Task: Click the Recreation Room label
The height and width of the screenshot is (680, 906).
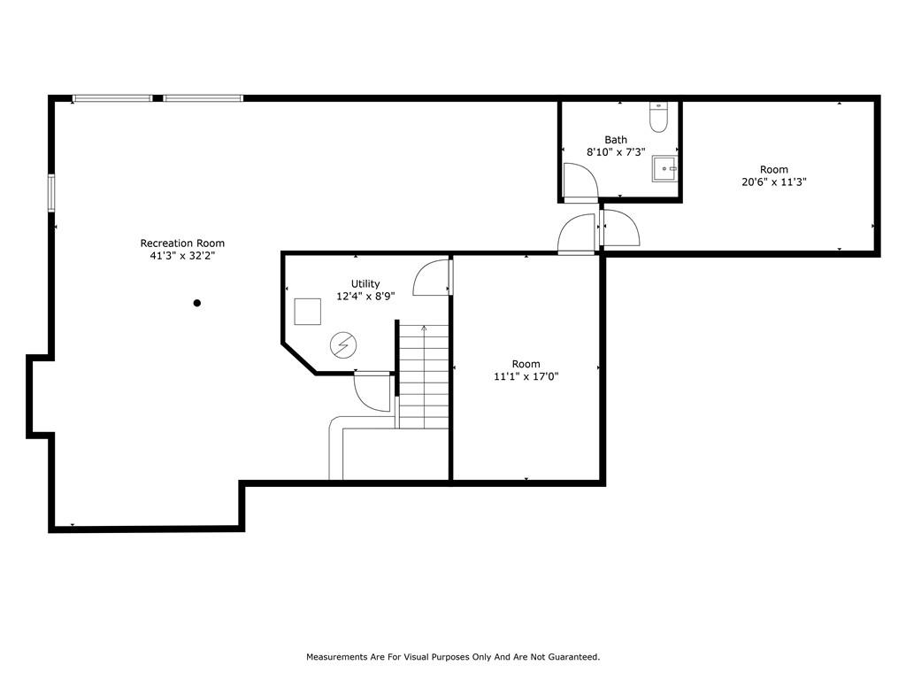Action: (x=182, y=243)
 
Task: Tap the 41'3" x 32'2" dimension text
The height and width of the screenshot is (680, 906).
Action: (x=182, y=256)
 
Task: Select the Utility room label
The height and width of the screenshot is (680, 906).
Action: (x=365, y=284)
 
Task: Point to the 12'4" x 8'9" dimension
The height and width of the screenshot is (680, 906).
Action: (x=365, y=296)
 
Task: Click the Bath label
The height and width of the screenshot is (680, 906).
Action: (x=616, y=140)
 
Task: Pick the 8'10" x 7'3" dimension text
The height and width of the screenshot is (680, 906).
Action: (x=616, y=152)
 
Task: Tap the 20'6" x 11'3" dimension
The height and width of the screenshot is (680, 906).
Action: (x=773, y=182)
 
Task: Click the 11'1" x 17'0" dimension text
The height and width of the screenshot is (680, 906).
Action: (x=526, y=376)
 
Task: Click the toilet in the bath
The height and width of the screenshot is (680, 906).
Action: (x=658, y=118)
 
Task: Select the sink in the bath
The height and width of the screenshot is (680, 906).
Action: (x=664, y=168)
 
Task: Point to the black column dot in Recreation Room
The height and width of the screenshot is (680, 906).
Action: (x=197, y=303)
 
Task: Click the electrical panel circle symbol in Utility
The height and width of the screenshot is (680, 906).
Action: (x=343, y=345)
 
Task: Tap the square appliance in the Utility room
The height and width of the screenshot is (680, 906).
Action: (x=307, y=312)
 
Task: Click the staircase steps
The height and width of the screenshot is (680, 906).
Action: (x=424, y=376)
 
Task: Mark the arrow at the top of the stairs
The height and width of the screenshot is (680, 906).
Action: (x=424, y=328)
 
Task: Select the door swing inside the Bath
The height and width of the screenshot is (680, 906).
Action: (x=580, y=181)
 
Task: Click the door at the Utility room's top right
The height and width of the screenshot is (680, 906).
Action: (x=432, y=277)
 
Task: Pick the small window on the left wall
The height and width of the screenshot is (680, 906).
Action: (x=51, y=193)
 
